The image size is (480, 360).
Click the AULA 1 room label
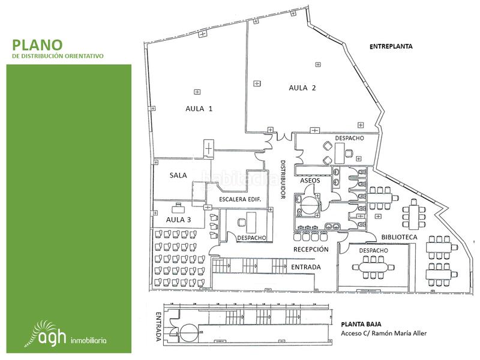point(199,109)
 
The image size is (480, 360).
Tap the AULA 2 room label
point(302,88)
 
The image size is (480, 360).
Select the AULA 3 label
point(178,220)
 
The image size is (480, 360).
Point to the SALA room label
point(178,175)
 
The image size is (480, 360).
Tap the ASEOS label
point(310,181)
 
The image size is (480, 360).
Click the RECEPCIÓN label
point(311,248)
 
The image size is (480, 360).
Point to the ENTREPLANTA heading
point(392,46)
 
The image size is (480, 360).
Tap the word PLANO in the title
point(37,45)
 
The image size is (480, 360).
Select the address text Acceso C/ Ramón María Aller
point(383,333)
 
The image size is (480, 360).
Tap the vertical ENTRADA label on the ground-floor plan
point(158,326)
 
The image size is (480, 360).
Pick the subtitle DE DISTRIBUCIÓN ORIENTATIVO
point(58,56)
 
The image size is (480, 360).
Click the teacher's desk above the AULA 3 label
point(178,209)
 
